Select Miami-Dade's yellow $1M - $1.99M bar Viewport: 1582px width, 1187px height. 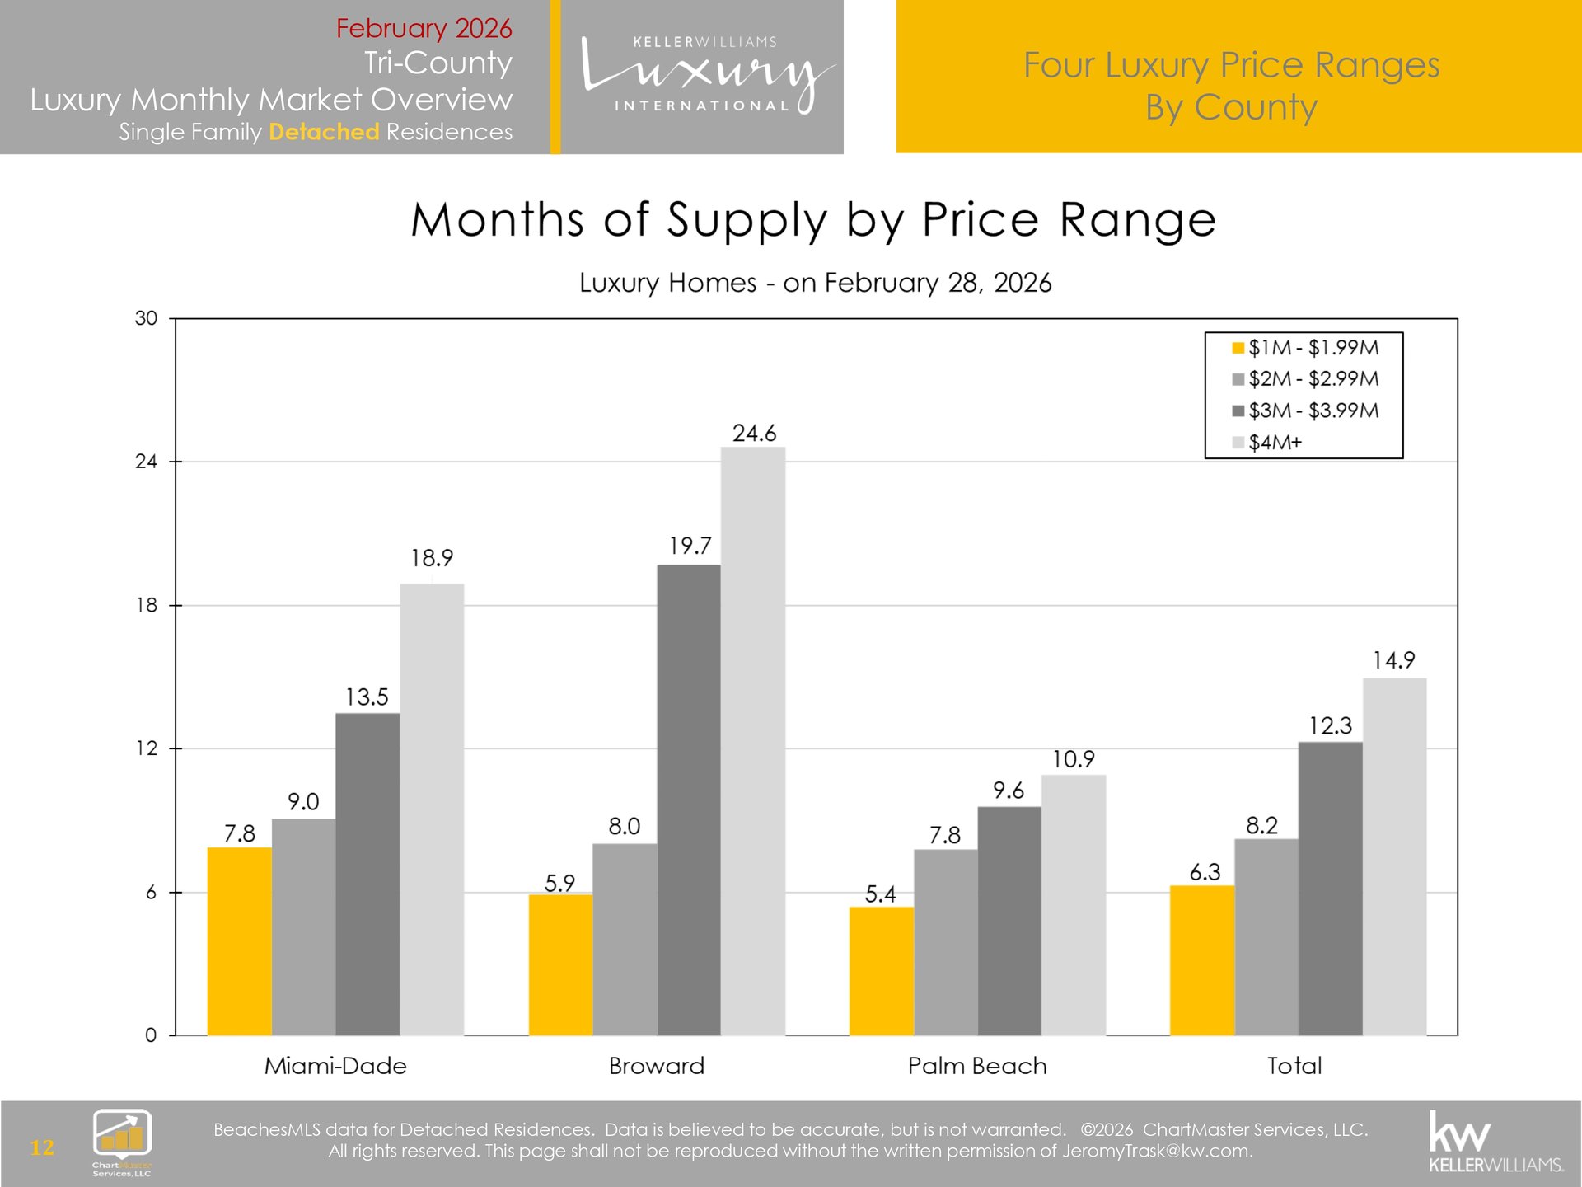click(x=239, y=941)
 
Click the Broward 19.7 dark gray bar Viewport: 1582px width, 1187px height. click(x=689, y=800)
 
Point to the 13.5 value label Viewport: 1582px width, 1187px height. click(x=367, y=697)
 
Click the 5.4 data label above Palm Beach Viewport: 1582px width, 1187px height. click(x=880, y=894)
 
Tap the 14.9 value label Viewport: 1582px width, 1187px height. click(x=1393, y=660)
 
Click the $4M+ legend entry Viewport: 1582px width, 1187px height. click(x=1275, y=443)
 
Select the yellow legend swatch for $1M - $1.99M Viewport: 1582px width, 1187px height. click(x=1238, y=348)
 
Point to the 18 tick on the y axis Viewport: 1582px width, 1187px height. click(x=147, y=606)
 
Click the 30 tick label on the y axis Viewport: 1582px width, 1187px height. click(x=146, y=318)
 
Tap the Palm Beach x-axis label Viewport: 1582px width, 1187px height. click(x=977, y=1066)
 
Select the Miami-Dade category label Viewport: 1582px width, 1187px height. click(x=335, y=1066)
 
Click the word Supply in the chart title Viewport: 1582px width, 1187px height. click(x=747, y=221)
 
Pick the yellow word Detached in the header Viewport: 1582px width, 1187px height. click(x=324, y=132)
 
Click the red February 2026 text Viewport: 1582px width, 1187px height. click(x=424, y=28)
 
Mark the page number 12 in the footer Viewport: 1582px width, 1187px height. click(x=42, y=1147)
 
